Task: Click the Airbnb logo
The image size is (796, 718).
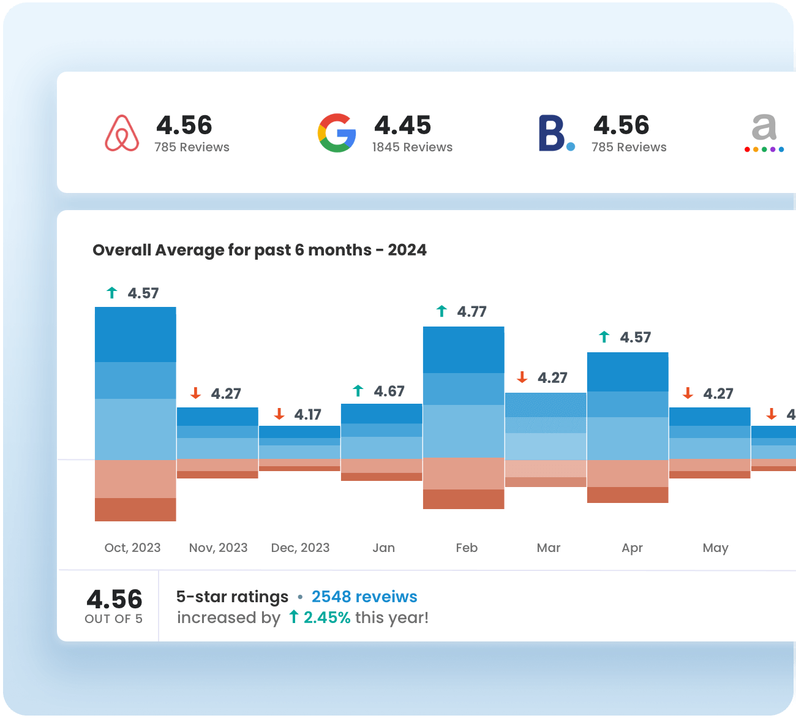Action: [122, 133]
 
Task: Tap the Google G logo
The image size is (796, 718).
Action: [337, 133]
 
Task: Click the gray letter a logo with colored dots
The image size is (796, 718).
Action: [764, 132]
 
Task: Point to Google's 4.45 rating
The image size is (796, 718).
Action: [402, 125]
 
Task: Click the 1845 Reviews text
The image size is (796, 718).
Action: [412, 147]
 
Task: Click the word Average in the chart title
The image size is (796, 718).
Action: [189, 250]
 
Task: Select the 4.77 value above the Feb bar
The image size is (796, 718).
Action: [471, 312]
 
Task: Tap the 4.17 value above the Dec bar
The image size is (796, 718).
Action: [307, 415]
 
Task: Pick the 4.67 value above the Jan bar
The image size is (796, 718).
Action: [389, 391]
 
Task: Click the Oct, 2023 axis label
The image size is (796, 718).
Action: [132, 548]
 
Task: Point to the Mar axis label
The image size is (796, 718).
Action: [548, 548]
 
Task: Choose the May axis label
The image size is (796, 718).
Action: [715, 548]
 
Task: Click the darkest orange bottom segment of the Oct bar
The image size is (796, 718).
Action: [135, 510]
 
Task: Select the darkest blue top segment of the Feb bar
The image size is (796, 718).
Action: [464, 350]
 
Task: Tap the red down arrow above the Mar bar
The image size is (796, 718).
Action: [522, 377]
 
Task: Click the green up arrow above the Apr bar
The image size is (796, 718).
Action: [604, 337]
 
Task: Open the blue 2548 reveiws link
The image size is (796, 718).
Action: [364, 597]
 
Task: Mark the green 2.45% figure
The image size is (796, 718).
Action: [327, 618]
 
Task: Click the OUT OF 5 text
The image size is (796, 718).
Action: [114, 619]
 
